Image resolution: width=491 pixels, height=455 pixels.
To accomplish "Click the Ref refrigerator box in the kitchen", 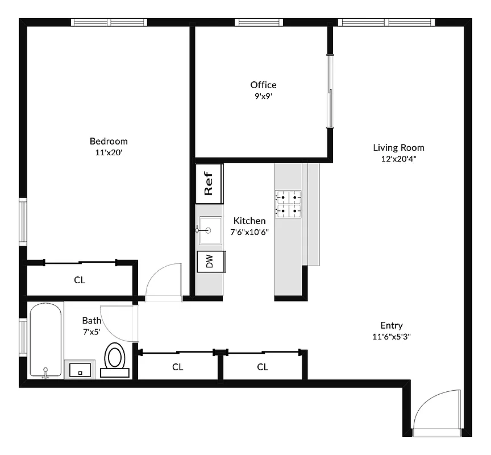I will point(209,183).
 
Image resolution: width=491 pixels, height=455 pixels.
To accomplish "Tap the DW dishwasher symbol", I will point(210,261).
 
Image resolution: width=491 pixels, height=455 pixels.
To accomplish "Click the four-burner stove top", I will point(289,204).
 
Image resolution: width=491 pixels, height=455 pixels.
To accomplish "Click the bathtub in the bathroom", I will point(45,340).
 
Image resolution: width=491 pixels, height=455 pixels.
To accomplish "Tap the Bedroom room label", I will point(109,141).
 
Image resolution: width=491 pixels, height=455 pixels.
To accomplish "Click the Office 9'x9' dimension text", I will point(263,96).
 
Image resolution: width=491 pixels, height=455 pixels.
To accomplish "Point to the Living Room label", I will point(398,148).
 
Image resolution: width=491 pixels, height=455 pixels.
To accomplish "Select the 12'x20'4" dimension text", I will point(398,159).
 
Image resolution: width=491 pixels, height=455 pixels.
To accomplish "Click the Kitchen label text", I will point(249,221).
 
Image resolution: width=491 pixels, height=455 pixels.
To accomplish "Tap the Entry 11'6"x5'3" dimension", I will point(392,336).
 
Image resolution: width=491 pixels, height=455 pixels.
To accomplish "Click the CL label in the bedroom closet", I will point(80,280).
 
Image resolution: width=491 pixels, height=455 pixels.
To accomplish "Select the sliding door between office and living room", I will point(329,91).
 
